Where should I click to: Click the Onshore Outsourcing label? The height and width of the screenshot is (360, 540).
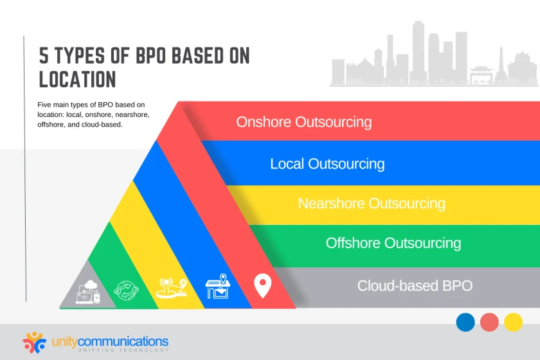tap(303, 122)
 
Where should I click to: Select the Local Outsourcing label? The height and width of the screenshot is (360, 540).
tap(327, 163)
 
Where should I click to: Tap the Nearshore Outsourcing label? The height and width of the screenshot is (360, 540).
tap(371, 203)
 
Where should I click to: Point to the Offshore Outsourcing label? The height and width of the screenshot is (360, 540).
tap(393, 243)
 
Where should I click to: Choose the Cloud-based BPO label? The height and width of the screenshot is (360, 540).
tap(415, 285)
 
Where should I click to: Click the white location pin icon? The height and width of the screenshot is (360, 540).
tap(262, 285)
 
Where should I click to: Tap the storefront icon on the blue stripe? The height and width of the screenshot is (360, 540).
tap(217, 287)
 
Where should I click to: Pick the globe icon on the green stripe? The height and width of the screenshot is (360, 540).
tap(126, 290)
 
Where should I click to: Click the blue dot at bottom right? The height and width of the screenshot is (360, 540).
tap(465, 322)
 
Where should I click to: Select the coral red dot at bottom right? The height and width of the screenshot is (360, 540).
tap(489, 322)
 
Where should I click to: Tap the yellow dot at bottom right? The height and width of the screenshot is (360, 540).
tap(513, 322)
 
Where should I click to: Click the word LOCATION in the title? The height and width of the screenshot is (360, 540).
tap(77, 79)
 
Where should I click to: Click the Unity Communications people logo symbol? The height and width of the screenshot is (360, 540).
tap(34, 341)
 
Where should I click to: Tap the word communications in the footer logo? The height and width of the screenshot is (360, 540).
tap(123, 340)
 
